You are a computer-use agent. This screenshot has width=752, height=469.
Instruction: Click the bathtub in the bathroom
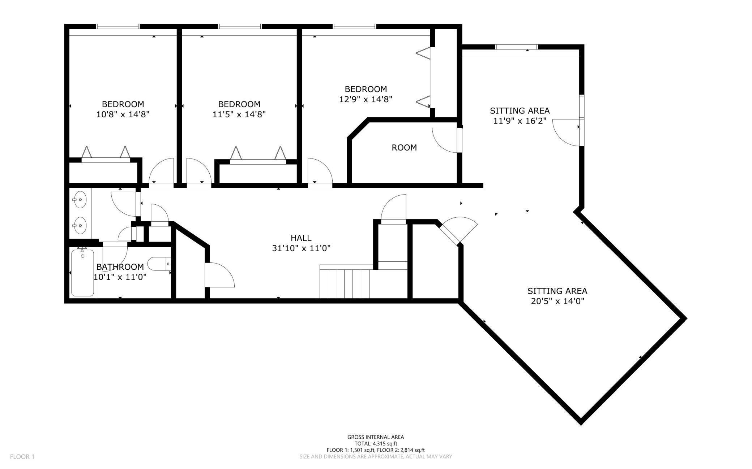pyautogui.click(x=83, y=273)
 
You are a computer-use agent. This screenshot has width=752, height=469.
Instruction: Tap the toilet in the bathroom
pyautogui.click(x=159, y=264)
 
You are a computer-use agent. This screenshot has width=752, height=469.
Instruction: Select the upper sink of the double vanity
pyautogui.click(x=80, y=199)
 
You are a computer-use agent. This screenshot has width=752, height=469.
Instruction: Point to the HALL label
pyautogui.click(x=301, y=238)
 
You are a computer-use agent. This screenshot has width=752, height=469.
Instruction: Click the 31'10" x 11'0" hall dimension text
pyautogui.click(x=301, y=248)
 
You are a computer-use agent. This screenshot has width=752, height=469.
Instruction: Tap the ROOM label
pyautogui.click(x=404, y=147)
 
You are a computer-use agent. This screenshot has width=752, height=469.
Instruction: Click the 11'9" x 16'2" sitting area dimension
pyautogui.click(x=520, y=121)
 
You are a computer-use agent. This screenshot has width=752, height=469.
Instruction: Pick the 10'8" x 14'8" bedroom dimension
pyautogui.click(x=123, y=114)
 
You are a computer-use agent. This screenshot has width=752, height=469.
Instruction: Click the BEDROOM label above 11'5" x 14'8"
pyautogui.click(x=239, y=104)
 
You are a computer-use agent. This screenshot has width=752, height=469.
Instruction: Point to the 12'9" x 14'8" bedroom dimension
pyautogui.click(x=366, y=99)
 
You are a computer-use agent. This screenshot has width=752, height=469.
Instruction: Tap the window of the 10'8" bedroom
pyautogui.click(x=118, y=26)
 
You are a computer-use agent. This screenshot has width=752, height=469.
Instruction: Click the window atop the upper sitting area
pyautogui.click(x=516, y=47)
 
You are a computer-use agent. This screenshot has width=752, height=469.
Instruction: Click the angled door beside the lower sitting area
pyautogui.click(x=458, y=230)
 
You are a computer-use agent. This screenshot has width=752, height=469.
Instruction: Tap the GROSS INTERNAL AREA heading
pyautogui.click(x=376, y=437)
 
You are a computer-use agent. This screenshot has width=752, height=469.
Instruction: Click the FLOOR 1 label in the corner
pyautogui.click(x=22, y=457)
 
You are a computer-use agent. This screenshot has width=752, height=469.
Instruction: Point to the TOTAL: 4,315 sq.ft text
pyautogui.click(x=376, y=443)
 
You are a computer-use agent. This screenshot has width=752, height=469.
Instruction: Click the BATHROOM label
pyautogui.click(x=120, y=267)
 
